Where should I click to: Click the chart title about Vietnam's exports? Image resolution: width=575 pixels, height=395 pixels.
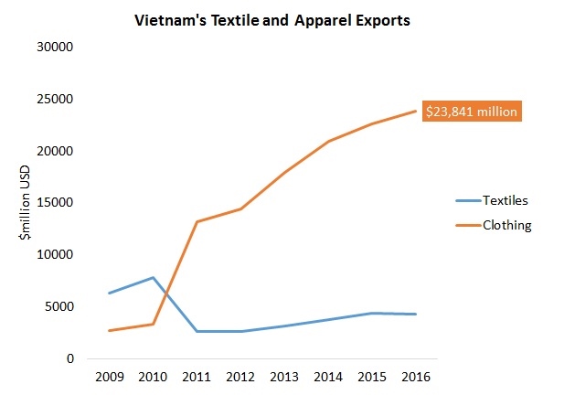click(x=272, y=18)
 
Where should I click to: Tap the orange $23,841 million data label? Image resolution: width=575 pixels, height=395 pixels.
click(x=472, y=112)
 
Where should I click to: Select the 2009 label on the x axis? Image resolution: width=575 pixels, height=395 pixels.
click(x=109, y=377)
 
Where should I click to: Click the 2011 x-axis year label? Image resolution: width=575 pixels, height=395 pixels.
click(x=197, y=377)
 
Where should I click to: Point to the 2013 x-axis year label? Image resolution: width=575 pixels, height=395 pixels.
click(x=284, y=377)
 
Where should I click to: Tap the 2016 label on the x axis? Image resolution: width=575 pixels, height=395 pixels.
click(x=416, y=377)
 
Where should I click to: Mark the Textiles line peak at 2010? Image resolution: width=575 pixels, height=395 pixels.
click(x=153, y=277)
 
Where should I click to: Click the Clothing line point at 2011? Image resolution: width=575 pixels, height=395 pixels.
click(x=197, y=221)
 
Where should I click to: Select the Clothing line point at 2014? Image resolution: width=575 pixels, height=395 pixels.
click(x=328, y=141)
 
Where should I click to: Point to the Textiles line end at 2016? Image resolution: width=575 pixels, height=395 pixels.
click(x=416, y=315)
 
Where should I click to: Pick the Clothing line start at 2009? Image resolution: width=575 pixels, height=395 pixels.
click(x=109, y=331)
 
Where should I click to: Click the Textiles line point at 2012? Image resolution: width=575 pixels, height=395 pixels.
click(x=240, y=331)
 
